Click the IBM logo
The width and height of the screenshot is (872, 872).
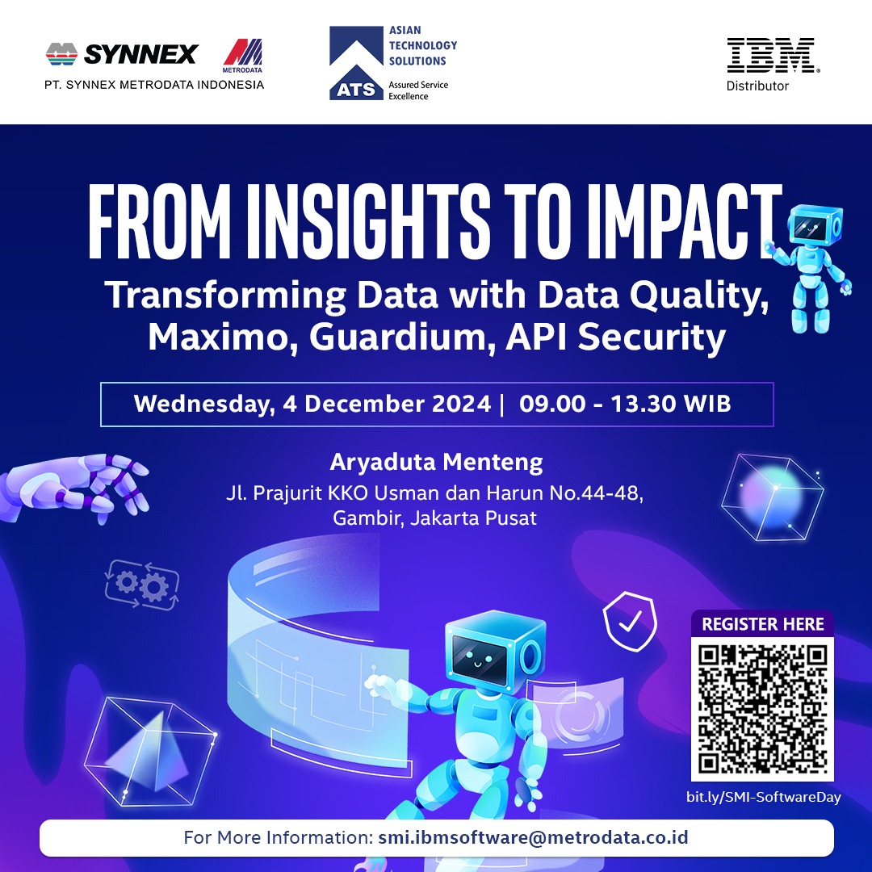click(772, 55)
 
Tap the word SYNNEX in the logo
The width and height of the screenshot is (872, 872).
click(140, 55)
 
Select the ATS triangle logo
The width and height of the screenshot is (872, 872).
click(356, 63)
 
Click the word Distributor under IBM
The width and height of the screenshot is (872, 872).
click(757, 86)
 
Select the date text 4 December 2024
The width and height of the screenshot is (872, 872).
click(387, 404)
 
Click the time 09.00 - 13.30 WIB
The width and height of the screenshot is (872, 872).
click(624, 404)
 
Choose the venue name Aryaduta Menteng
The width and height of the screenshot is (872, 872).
click(436, 462)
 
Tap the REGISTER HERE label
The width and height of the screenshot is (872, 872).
click(762, 624)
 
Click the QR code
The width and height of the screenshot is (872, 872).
click(762, 709)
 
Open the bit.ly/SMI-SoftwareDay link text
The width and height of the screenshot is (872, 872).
click(763, 797)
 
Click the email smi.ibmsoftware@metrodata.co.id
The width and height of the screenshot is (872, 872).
click(533, 837)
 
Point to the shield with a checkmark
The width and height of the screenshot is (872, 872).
click(630, 621)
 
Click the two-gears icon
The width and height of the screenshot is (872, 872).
click(142, 585)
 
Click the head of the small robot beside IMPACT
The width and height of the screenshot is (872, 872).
click(815, 224)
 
